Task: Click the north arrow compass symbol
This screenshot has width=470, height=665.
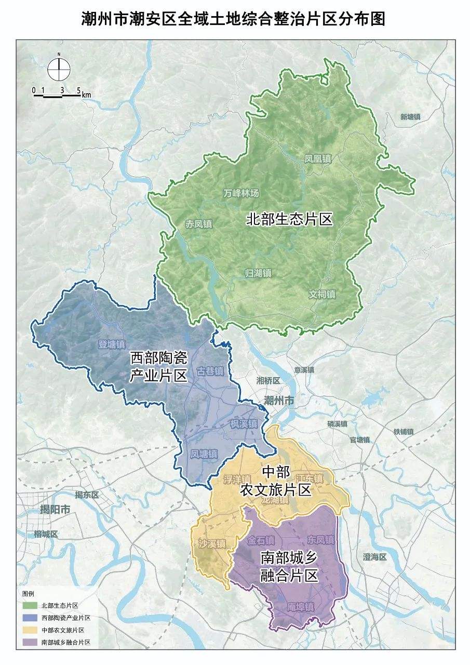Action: [59, 70]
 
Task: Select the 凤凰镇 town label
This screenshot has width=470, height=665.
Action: [318, 159]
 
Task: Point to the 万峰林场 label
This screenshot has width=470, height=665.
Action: [240, 193]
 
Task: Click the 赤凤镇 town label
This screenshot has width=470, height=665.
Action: [198, 224]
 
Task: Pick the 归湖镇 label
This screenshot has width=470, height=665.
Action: [259, 273]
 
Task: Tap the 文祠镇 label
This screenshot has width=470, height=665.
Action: [322, 294]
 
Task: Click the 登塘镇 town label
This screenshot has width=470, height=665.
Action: [112, 344]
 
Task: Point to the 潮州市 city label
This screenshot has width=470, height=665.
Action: [279, 401]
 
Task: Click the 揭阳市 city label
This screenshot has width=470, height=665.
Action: [55, 510]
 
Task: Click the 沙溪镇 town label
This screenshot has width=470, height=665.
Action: [212, 544]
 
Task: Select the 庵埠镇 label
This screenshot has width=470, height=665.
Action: [301, 606]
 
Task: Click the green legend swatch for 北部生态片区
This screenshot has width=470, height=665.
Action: [30, 605]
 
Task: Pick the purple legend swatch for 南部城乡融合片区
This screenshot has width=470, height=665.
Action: [30, 643]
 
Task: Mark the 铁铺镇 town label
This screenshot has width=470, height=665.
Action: [403, 431]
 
